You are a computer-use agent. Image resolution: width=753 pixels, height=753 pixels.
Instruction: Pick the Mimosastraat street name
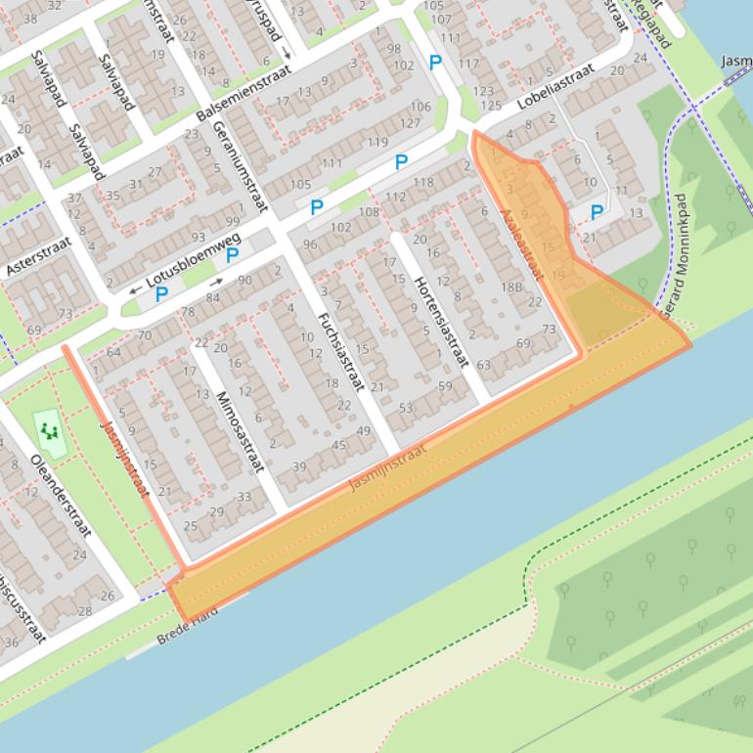coord(241,430)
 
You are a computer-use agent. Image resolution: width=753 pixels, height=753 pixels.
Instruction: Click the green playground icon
coord(50,430)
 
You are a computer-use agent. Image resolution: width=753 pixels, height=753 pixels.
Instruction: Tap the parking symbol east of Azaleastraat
coord(597,212)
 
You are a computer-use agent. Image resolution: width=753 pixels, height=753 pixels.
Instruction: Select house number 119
coord(376,143)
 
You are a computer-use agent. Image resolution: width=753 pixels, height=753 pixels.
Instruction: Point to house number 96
coord(310,244)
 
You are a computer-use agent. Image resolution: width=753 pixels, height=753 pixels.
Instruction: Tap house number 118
coord(422,182)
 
